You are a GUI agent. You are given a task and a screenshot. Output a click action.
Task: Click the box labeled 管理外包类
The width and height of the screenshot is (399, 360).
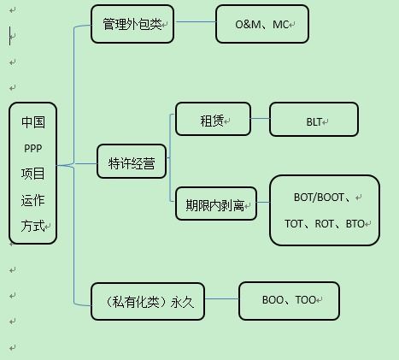coord(132,24)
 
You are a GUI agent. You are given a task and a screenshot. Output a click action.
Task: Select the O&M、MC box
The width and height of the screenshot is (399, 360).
coord(261,24)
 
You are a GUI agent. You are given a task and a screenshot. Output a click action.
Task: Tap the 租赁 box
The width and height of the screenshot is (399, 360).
coord(213,120)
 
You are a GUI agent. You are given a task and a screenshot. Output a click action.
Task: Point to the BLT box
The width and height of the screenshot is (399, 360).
coord(316,121)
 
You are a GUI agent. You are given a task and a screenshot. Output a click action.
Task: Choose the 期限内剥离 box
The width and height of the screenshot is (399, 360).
coord(215,204)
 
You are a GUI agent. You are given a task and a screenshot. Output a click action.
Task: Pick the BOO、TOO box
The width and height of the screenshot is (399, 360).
coord(289,301)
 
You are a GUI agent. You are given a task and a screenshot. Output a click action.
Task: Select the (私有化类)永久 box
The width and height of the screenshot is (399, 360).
coord(147,301)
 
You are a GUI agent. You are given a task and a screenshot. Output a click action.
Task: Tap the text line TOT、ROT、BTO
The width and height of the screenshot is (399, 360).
coord(325,224)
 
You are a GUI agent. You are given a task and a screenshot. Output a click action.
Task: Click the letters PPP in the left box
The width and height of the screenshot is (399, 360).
coord(33,147)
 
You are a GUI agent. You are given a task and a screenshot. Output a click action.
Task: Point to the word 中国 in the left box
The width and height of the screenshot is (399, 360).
coord(33,121)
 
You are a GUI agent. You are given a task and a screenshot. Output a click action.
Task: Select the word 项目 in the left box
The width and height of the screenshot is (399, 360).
coord(33,174)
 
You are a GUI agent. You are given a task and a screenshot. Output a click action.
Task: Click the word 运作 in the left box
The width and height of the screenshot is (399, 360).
coord(33,200)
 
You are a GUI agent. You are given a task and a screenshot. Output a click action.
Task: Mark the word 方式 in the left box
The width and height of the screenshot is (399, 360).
coord(33,227)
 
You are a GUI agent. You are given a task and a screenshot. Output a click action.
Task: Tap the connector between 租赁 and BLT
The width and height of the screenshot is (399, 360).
coord(260,120)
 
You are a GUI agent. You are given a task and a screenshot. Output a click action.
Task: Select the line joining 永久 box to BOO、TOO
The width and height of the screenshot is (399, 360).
coord(221,300)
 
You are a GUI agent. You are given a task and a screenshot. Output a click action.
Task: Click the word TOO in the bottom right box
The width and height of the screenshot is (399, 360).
coord(305,301)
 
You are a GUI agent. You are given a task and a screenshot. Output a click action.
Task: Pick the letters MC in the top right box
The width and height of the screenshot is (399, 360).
coord(280,25)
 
